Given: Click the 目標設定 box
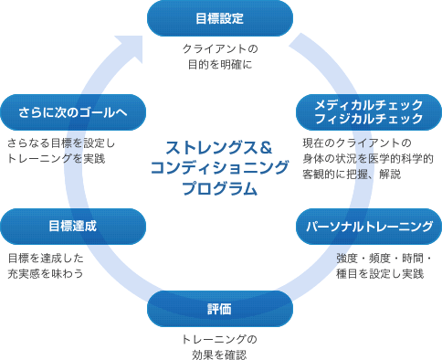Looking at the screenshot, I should (220, 17).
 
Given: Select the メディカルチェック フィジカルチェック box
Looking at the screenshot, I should (367, 111).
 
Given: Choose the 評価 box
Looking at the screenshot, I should (220, 308).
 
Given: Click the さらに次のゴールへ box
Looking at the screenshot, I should (73, 111).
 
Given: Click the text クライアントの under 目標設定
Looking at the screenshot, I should (220, 48).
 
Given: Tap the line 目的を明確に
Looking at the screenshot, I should (220, 65).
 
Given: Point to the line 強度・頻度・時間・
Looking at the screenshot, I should (384, 258).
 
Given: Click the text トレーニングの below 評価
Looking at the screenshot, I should (220, 339).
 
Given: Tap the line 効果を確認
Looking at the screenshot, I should (220, 355).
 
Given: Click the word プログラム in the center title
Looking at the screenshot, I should (219, 190).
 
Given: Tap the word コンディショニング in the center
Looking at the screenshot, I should (219, 168).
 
